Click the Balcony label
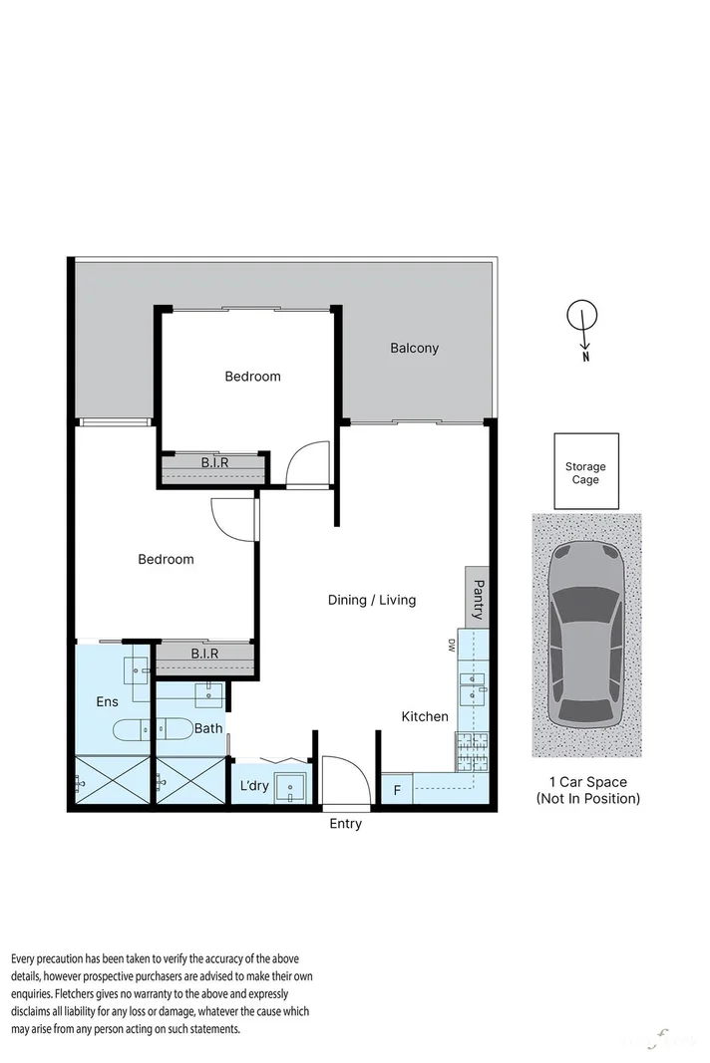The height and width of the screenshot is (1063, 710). [x=414, y=348]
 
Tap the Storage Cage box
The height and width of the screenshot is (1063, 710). [x=585, y=473]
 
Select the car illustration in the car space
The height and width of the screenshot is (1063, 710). [x=586, y=635]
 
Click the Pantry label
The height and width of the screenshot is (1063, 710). [x=478, y=598]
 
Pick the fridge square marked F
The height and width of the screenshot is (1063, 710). [x=397, y=791]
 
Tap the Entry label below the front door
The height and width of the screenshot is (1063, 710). [x=345, y=824]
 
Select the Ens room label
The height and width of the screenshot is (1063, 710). [x=107, y=702]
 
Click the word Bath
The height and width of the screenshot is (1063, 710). [x=208, y=728]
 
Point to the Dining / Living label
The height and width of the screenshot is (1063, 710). [x=372, y=600]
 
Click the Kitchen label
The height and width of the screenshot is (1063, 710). [x=425, y=716]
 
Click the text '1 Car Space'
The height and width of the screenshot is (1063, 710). [x=587, y=782]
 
